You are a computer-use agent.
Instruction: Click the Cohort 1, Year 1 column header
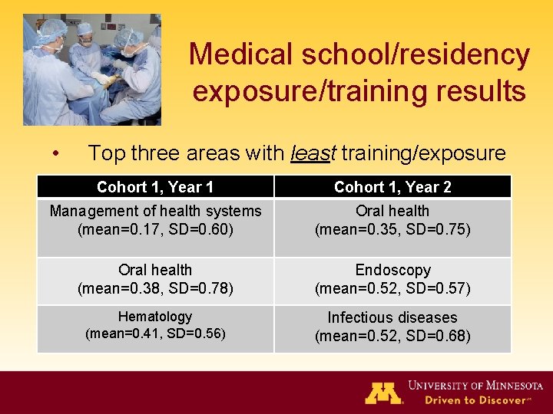[155, 187]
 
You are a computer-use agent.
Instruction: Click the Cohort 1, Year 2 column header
[392, 187]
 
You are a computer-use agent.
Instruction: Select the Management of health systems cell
[155, 220]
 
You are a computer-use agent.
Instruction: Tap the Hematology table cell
[155, 325]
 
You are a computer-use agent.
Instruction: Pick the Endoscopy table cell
[392, 280]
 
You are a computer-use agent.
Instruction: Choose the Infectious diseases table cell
[392, 327]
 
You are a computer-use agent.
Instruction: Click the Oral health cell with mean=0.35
[392, 220]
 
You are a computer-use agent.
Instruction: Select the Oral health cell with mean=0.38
[155, 280]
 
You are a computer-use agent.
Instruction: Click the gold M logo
[383, 392]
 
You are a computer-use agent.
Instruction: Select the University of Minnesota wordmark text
[476, 385]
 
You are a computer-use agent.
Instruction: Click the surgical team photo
[91, 70]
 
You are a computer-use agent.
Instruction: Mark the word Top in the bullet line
[106, 153]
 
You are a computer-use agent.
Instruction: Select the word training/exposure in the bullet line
[423, 153]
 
